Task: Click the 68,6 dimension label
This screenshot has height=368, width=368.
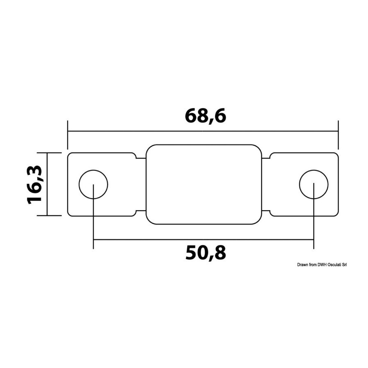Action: coord(205,116)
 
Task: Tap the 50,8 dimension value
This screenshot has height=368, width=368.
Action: coord(206,253)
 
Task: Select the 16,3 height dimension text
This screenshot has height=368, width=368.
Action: coord(34,184)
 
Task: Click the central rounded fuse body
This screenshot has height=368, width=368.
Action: coord(204,145)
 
